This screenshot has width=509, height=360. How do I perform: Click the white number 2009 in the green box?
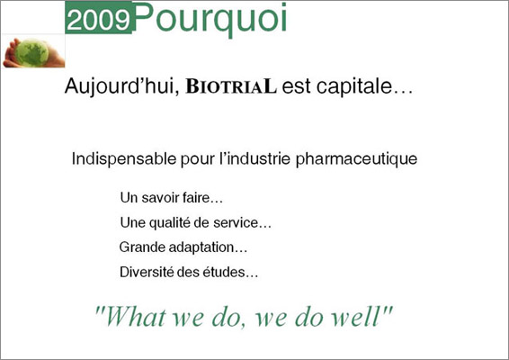[99, 20]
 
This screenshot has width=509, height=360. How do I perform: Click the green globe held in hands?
[31, 52]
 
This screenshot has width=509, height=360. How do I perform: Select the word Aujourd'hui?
[122, 86]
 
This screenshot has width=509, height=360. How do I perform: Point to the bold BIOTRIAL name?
[231, 86]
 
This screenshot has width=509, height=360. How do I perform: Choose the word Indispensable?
[124, 159]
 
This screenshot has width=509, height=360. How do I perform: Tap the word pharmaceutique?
[356, 159]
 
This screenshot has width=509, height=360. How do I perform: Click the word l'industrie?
[254, 158]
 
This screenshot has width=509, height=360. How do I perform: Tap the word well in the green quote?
[362, 316]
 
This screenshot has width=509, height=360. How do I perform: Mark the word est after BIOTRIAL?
[297, 87]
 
